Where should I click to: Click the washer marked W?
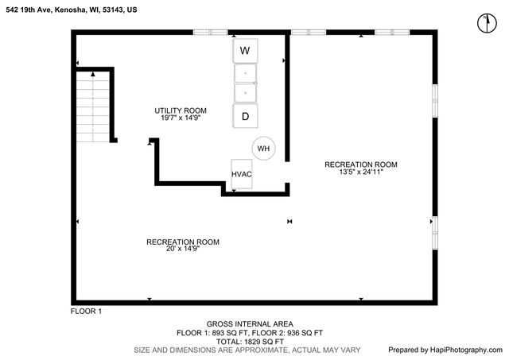[245, 51]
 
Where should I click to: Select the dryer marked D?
[245, 117]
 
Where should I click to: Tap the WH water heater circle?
[263, 149]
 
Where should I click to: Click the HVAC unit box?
[242, 174]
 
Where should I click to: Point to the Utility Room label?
[181, 110]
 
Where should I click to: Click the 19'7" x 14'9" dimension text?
[181, 118]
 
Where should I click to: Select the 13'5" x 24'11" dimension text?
[360, 172]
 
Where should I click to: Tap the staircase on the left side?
[94, 106]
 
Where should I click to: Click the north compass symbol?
[484, 23]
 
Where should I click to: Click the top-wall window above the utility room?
[212, 33]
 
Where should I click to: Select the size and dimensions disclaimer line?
[247, 350]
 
